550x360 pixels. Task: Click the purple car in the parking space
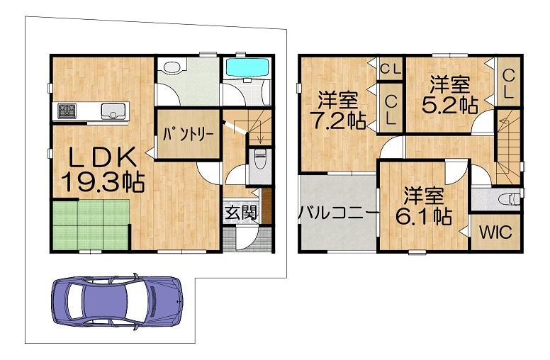117,302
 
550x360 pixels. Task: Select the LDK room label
102,157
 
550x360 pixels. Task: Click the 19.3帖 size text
103,181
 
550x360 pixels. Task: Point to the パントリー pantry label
188,135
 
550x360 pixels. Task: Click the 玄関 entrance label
241,212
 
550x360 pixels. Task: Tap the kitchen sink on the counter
113,111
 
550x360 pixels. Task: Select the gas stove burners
67,111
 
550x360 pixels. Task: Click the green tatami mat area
91,224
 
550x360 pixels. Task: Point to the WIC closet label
495,232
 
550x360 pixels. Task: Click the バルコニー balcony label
339,213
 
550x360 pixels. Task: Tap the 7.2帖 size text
339,120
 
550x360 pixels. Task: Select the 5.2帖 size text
450,105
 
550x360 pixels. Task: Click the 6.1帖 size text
423,216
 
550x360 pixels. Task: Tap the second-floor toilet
510,199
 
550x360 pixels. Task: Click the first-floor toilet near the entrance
260,159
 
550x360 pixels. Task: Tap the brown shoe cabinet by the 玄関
266,206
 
